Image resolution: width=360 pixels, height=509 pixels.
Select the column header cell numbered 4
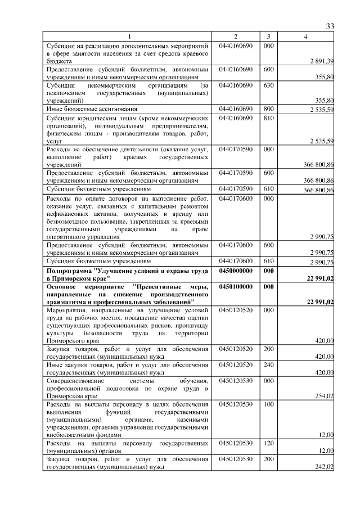click(x=305, y=37)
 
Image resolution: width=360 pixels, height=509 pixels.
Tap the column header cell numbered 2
click(x=236, y=37)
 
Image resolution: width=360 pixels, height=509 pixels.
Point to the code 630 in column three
click(x=268, y=85)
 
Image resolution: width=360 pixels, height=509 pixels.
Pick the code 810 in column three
click(x=268, y=118)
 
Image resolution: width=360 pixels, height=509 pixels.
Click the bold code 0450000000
click(x=236, y=271)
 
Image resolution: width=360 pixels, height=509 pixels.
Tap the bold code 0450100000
click(x=236, y=286)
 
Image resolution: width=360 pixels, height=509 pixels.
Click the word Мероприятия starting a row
click(x=66, y=309)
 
